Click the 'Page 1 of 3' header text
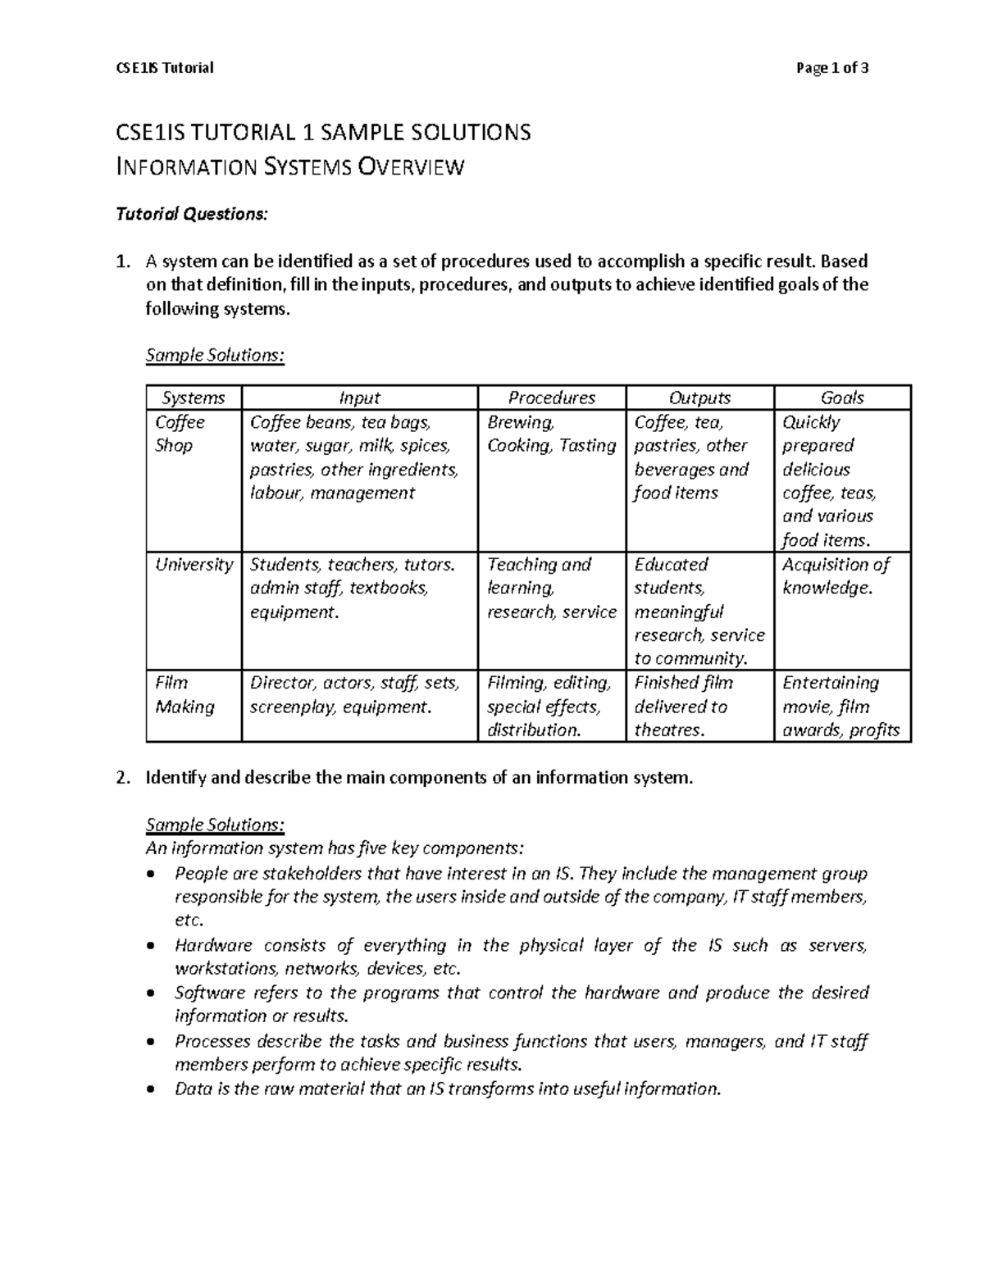point(831,68)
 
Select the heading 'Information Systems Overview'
point(291,167)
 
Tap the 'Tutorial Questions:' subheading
point(192,215)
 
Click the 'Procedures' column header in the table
point(551,398)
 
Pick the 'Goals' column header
point(842,398)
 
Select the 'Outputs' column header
point(699,398)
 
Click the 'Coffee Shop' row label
point(180,434)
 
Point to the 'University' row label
point(194,565)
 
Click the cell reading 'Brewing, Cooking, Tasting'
point(551,434)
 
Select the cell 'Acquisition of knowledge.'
point(835,576)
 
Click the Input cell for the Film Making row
point(354,694)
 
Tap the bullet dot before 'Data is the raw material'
point(149,1089)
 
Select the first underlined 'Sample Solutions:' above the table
point(215,356)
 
